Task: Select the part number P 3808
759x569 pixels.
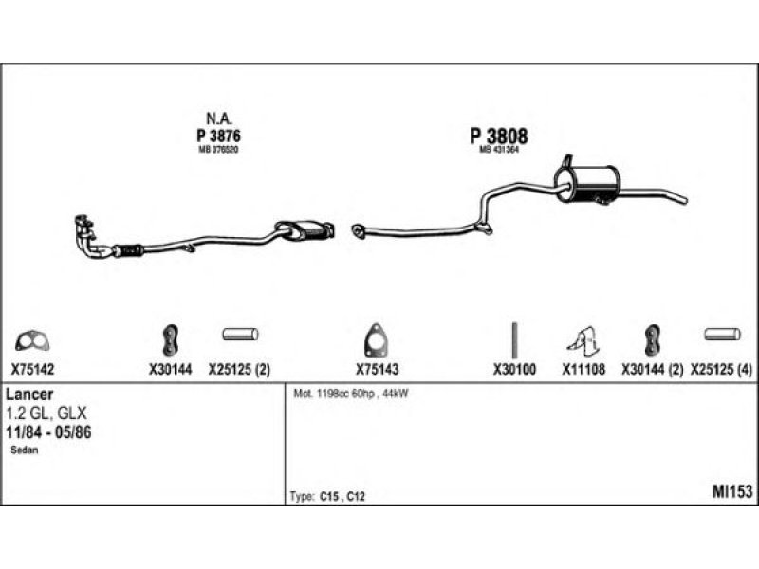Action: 498,137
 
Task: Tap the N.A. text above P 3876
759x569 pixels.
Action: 219,119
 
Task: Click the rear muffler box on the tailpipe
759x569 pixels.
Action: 587,181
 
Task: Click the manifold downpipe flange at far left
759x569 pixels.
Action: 86,226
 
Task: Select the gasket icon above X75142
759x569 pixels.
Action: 34,339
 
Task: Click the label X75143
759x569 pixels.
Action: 376,371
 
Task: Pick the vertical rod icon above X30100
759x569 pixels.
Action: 513,339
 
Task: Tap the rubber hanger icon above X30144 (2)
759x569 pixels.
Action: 653,338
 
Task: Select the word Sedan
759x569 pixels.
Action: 25,451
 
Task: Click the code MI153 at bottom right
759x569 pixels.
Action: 731,491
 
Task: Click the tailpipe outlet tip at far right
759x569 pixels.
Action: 681,198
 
